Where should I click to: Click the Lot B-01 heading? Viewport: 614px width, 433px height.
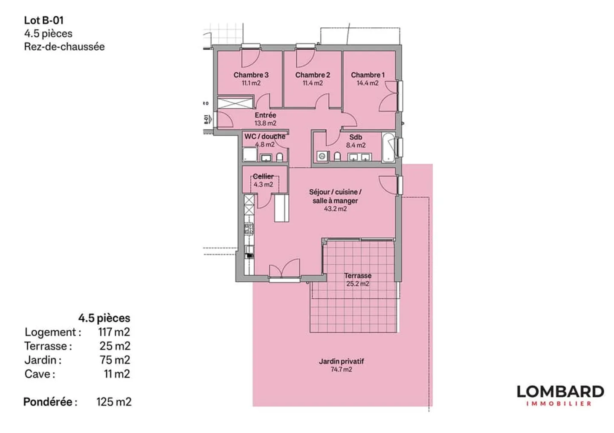tap(44, 20)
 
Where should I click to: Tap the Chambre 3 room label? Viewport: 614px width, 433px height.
tap(251, 75)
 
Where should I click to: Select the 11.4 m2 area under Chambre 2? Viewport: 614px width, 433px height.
tap(313, 83)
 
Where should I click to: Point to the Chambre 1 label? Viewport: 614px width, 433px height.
tap(368, 75)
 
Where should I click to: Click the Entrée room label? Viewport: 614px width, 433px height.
tap(265, 115)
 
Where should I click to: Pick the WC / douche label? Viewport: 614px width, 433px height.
tap(265, 136)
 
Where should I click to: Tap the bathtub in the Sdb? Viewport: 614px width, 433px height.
tap(388, 148)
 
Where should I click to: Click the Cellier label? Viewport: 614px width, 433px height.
tap(263, 176)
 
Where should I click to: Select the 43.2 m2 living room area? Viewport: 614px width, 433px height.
tap(335, 209)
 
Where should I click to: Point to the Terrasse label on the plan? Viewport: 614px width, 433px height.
tap(358, 276)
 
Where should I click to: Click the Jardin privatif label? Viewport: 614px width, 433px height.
tap(341, 361)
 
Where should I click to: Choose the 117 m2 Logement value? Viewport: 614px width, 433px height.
tap(114, 332)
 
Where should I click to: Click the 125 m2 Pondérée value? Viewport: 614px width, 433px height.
tap(114, 402)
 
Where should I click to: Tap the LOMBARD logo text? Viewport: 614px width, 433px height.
tap(560, 392)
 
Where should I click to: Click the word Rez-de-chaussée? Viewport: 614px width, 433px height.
tap(64, 46)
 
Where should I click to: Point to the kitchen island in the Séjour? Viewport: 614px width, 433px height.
tap(281, 208)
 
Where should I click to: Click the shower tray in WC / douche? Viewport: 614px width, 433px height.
tap(249, 155)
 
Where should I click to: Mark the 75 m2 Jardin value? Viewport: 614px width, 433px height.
tap(115, 360)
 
